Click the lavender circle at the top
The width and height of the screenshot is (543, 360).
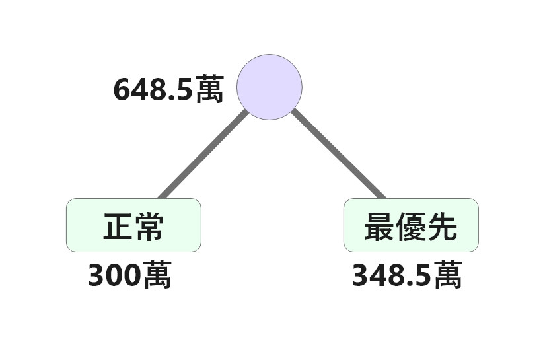click(270, 87)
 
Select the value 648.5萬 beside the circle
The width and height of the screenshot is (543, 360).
click(168, 89)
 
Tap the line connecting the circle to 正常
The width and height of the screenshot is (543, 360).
click(203, 154)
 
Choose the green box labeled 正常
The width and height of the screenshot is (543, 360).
click(133, 225)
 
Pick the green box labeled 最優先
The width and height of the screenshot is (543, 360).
click(411, 225)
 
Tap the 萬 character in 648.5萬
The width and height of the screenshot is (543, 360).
click(209, 89)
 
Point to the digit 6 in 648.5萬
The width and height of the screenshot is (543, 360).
click(122, 90)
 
